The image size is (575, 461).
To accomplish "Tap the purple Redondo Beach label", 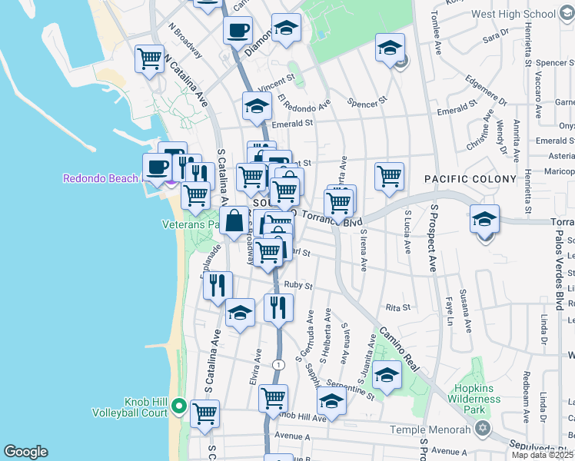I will pos(100,178).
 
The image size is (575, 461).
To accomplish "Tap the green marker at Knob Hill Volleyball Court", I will pos(179,405).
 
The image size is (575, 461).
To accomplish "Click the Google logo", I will pos(25,452).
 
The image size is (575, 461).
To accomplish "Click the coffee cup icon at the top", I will pos(238,31).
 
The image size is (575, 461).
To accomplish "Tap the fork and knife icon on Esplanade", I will pos(218,285).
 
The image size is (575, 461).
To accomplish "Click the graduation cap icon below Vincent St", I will pos(257,107).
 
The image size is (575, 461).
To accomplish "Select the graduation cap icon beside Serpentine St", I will pos(332,401).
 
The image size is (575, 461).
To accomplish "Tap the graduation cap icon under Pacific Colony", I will pos(484,219).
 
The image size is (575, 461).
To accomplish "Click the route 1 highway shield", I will pos(276,363).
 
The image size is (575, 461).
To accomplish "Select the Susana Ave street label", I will pos(464,310).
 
